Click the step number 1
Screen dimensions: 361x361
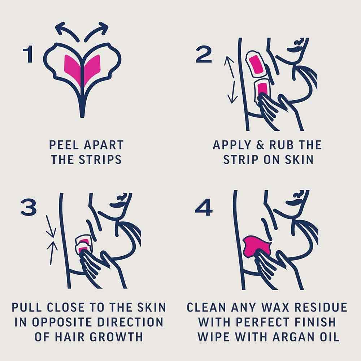tap(29, 55)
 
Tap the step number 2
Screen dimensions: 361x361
tap(204, 55)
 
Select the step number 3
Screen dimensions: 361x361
tap(29, 208)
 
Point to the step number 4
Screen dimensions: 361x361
tap(204, 208)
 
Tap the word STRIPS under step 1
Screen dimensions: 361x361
tap(100, 159)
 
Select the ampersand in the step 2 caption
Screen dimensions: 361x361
tap(260, 145)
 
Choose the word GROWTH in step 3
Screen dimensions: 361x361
tap(116, 336)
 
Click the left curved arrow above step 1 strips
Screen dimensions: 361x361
tap(67, 30)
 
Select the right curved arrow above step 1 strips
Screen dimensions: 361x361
tap(96, 30)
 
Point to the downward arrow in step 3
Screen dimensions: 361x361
tap(50, 226)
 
